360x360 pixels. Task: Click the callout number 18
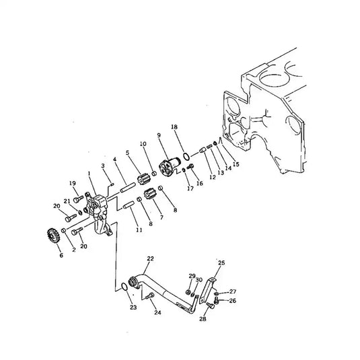tap(174, 127)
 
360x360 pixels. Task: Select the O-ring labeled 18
tap(186, 157)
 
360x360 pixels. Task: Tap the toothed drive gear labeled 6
tap(53, 236)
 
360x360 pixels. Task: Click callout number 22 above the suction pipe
tap(150, 258)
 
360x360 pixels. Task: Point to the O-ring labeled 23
tap(124, 287)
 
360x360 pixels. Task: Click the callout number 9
tap(159, 135)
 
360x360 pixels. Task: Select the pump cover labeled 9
tap(170, 167)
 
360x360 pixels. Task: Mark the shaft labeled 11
tap(129, 205)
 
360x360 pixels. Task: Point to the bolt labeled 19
tap(78, 199)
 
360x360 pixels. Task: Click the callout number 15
tap(236, 164)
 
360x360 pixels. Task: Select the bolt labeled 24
tap(149, 296)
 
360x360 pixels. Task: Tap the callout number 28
tap(203, 319)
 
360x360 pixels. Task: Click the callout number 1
tap(89, 174)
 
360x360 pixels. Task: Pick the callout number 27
tap(233, 291)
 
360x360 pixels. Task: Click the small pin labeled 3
tap(112, 184)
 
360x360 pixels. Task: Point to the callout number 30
tap(199, 280)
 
